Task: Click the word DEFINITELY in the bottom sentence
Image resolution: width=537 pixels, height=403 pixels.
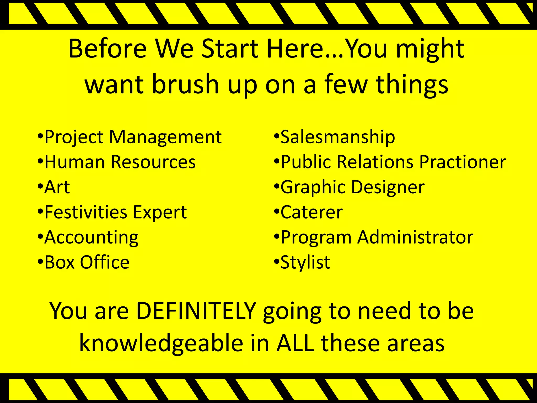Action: [x=196, y=311]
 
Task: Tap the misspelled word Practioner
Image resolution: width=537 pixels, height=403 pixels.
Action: [x=463, y=162]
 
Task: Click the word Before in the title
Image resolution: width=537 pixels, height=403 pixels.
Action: [x=108, y=49]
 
